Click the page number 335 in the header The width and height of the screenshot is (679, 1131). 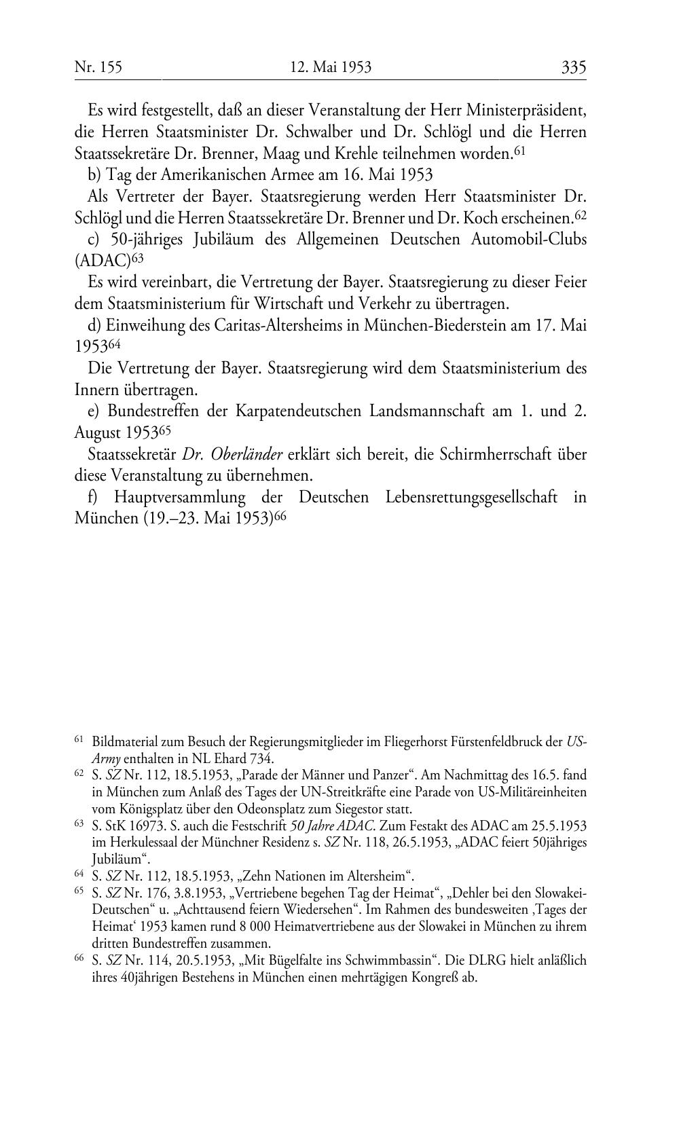[x=573, y=67]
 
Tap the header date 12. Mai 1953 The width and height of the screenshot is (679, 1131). [x=331, y=67]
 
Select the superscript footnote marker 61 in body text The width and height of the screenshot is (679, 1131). [x=520, y=151]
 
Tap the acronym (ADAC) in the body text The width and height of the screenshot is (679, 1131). [x=103, y=261]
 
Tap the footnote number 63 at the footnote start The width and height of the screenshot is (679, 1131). [x=79, y=824]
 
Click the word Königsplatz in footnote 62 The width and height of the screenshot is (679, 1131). [x=145, y=809]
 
